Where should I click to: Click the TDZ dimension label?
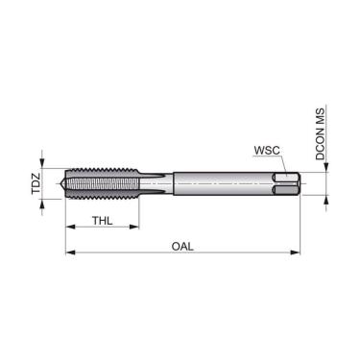(x=36, y=180)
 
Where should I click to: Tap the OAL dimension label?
(x=182, y=246)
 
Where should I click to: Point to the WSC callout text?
(x=267, y=151)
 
